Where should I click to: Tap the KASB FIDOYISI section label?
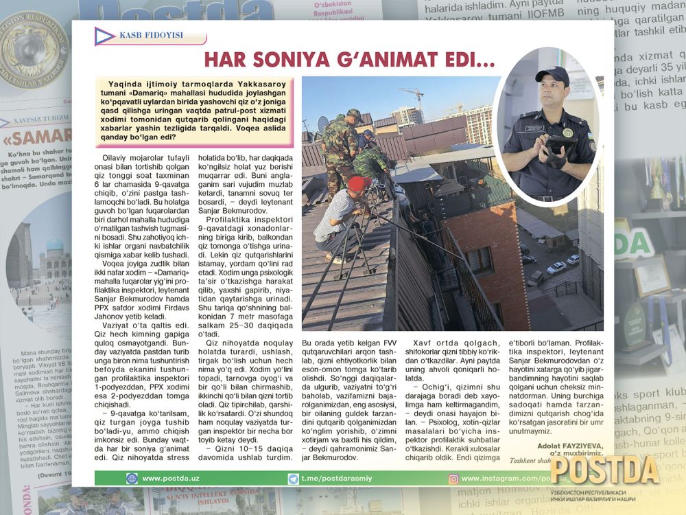(142, 36)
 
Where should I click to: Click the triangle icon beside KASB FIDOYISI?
(104, 36)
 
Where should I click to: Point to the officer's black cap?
(552, 73)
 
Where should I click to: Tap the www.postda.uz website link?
(171, 479)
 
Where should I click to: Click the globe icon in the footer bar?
(132, 479)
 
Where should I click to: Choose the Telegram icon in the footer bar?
(293, 479)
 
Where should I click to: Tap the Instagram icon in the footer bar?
(453, 479)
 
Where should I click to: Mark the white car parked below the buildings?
(555, 268)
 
